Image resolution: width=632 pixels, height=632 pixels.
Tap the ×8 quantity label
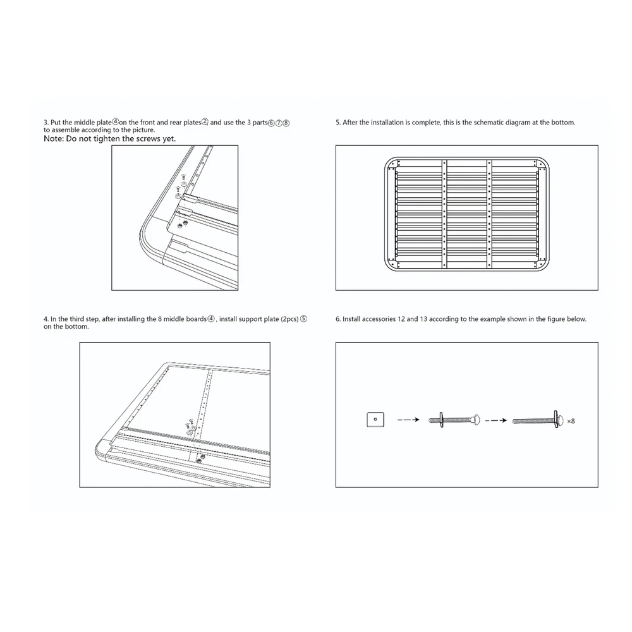point(571,420)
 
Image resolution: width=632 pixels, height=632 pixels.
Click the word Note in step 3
point(55,138)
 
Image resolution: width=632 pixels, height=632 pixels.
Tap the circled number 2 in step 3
point(205,122)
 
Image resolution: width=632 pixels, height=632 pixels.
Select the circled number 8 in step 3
point(286,122)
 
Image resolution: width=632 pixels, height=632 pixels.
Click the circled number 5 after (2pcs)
point(303,319)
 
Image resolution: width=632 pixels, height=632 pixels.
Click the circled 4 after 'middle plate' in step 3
point(116,122)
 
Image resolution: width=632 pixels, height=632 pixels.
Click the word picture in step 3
point(142,130)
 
